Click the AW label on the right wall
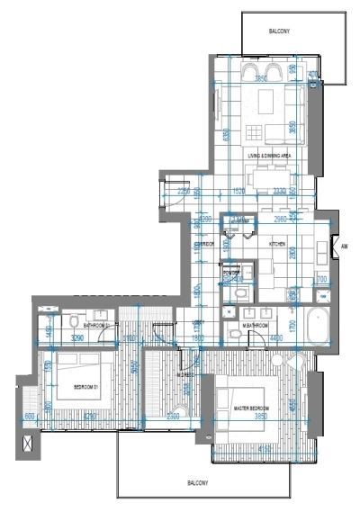pos(344,244)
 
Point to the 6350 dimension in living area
pos(226,134)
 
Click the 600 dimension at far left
pos(29,418)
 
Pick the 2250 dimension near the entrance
pos(184,191)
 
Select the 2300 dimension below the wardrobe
pos(173,417)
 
